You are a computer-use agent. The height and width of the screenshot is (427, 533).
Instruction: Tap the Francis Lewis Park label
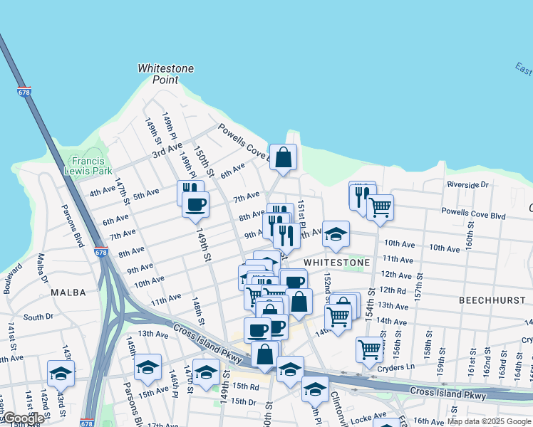88,166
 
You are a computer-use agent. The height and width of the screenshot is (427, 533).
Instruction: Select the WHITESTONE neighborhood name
337,263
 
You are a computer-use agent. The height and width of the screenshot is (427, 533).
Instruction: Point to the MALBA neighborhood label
68,292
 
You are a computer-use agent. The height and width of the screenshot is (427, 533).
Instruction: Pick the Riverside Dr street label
467,184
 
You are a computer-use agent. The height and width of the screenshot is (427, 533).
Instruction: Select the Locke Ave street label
370,413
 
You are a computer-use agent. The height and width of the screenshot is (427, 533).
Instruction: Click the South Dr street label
38,317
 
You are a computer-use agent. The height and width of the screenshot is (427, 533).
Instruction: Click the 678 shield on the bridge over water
24,92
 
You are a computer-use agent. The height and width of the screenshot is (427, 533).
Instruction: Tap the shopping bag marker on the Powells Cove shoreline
283,157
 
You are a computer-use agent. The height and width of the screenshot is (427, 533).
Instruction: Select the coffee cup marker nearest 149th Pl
195,204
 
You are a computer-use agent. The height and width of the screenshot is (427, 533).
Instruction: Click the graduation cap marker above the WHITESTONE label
336,234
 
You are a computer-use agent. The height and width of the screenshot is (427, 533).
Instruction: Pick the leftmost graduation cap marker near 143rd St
61,372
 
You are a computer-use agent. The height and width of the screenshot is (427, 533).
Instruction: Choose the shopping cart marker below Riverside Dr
381,207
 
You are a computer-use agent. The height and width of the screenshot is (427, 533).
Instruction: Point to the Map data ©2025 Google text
489,421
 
